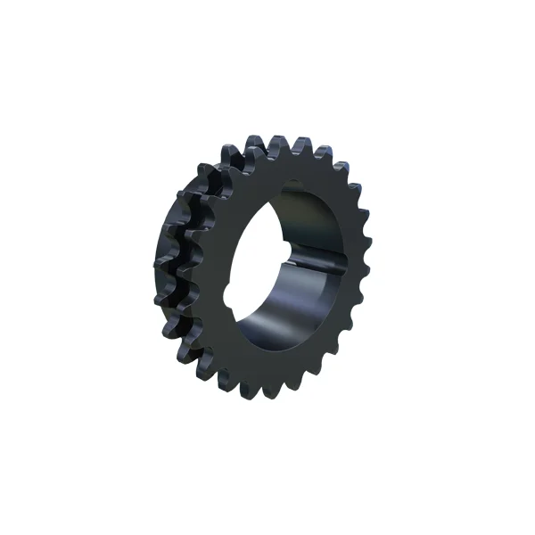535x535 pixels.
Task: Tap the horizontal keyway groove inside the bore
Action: [x=317, y=265]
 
